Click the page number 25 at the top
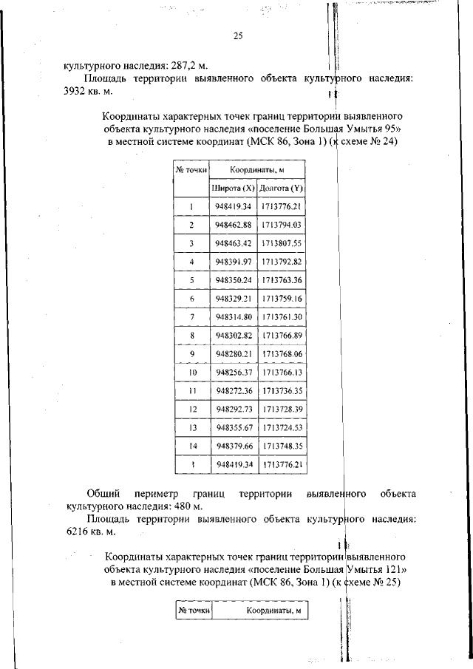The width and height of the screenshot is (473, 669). (238, 35)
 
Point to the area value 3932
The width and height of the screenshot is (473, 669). (78, 90)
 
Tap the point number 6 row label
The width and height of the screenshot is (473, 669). (191, 298)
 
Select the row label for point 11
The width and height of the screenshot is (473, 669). (191, 390)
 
